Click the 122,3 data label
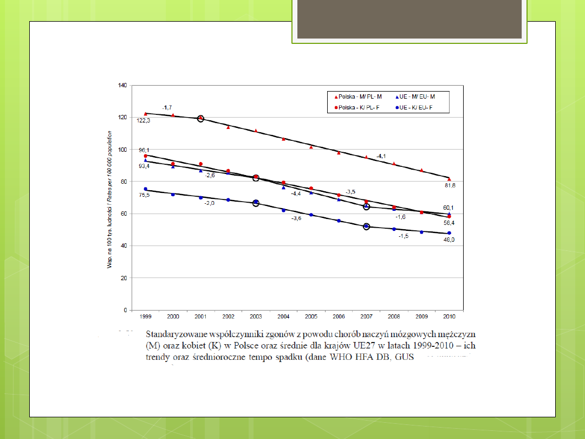point(144,121)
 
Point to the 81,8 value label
point(450,186)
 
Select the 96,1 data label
point(144,150)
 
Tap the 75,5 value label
point(144,195)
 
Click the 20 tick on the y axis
point(123,278)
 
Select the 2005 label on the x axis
point(311,315)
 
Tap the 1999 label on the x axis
point(145,315)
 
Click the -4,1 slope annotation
point(381,156)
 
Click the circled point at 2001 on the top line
point(200,118)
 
